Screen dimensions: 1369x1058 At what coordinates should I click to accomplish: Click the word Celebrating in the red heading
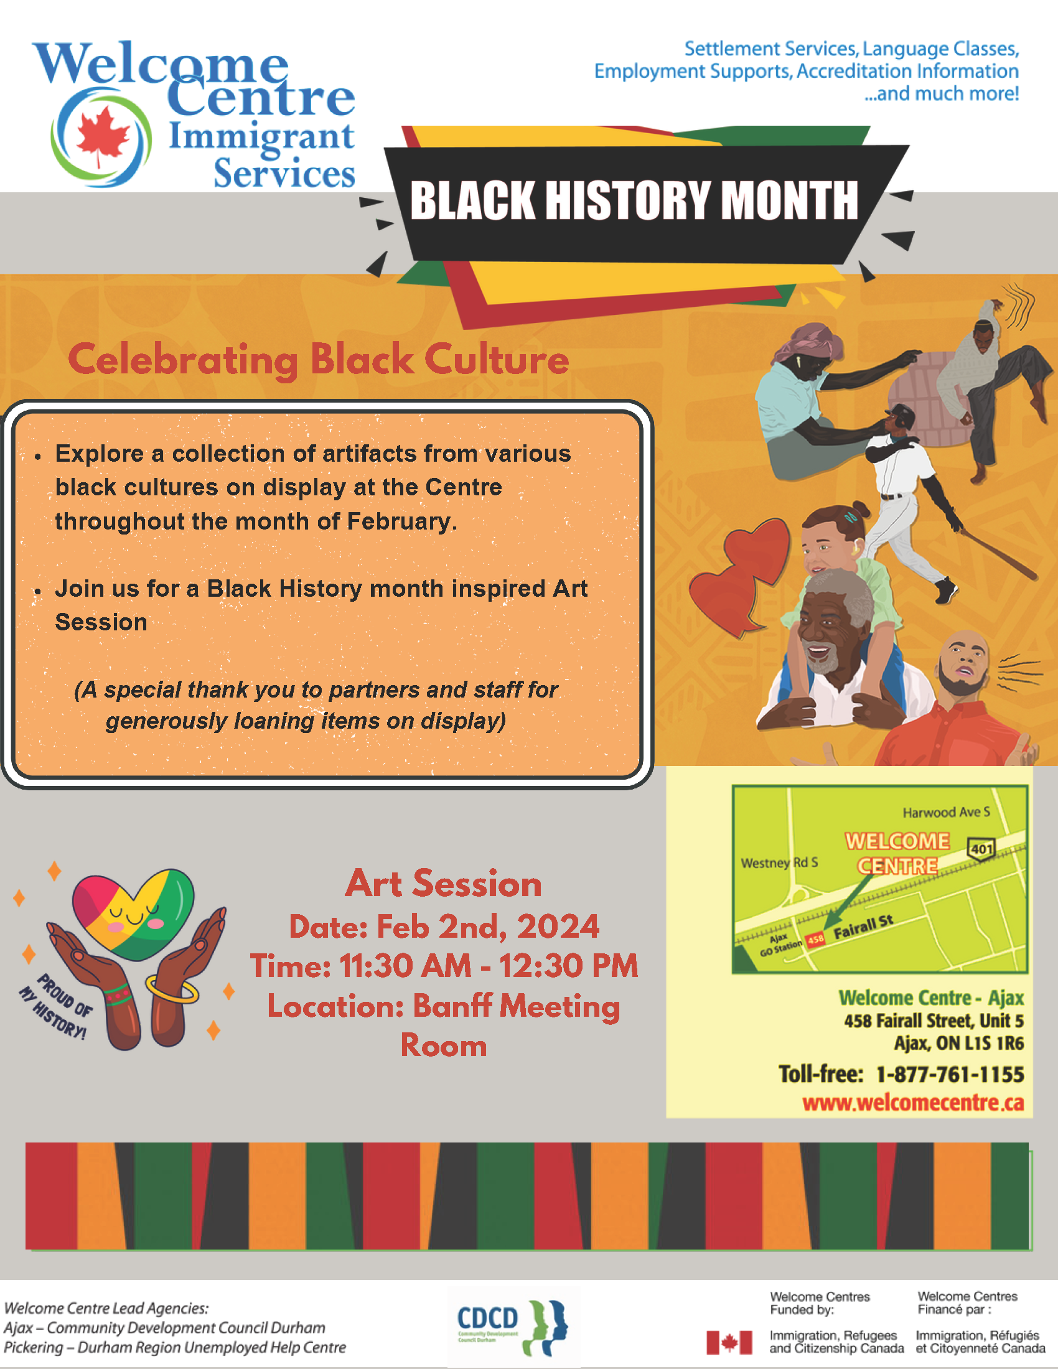182,360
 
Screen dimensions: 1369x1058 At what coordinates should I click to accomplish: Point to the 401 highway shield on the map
981,849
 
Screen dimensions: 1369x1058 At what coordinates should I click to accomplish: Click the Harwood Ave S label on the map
946,812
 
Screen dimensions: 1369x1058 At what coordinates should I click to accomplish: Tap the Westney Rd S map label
779,862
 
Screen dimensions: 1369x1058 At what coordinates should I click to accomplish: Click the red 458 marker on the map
815,938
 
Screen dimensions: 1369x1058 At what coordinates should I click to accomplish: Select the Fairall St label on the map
863,927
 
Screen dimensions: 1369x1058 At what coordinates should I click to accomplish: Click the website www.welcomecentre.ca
912,1103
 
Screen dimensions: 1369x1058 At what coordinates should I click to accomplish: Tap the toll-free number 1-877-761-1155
949,1075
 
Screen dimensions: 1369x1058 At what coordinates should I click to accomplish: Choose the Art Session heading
443,883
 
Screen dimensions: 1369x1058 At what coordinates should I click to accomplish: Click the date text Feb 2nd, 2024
488,927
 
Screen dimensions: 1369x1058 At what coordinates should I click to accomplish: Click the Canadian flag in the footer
729,1343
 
